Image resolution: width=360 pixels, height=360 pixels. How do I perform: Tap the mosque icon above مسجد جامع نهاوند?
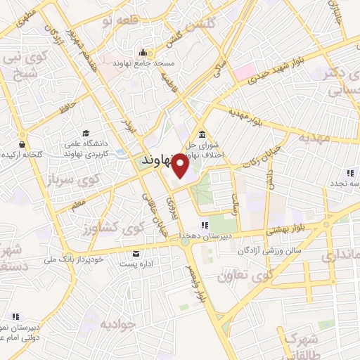point(143,52)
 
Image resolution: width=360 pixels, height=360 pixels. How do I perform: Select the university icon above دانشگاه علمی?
point(86,134)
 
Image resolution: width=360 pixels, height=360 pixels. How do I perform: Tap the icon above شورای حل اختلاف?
point(202,134)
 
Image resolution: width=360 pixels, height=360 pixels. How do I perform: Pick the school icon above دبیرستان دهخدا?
point(205,225)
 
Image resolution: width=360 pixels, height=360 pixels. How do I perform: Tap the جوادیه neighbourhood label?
point(116,323)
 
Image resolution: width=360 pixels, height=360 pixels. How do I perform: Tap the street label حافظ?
point(67,108)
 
